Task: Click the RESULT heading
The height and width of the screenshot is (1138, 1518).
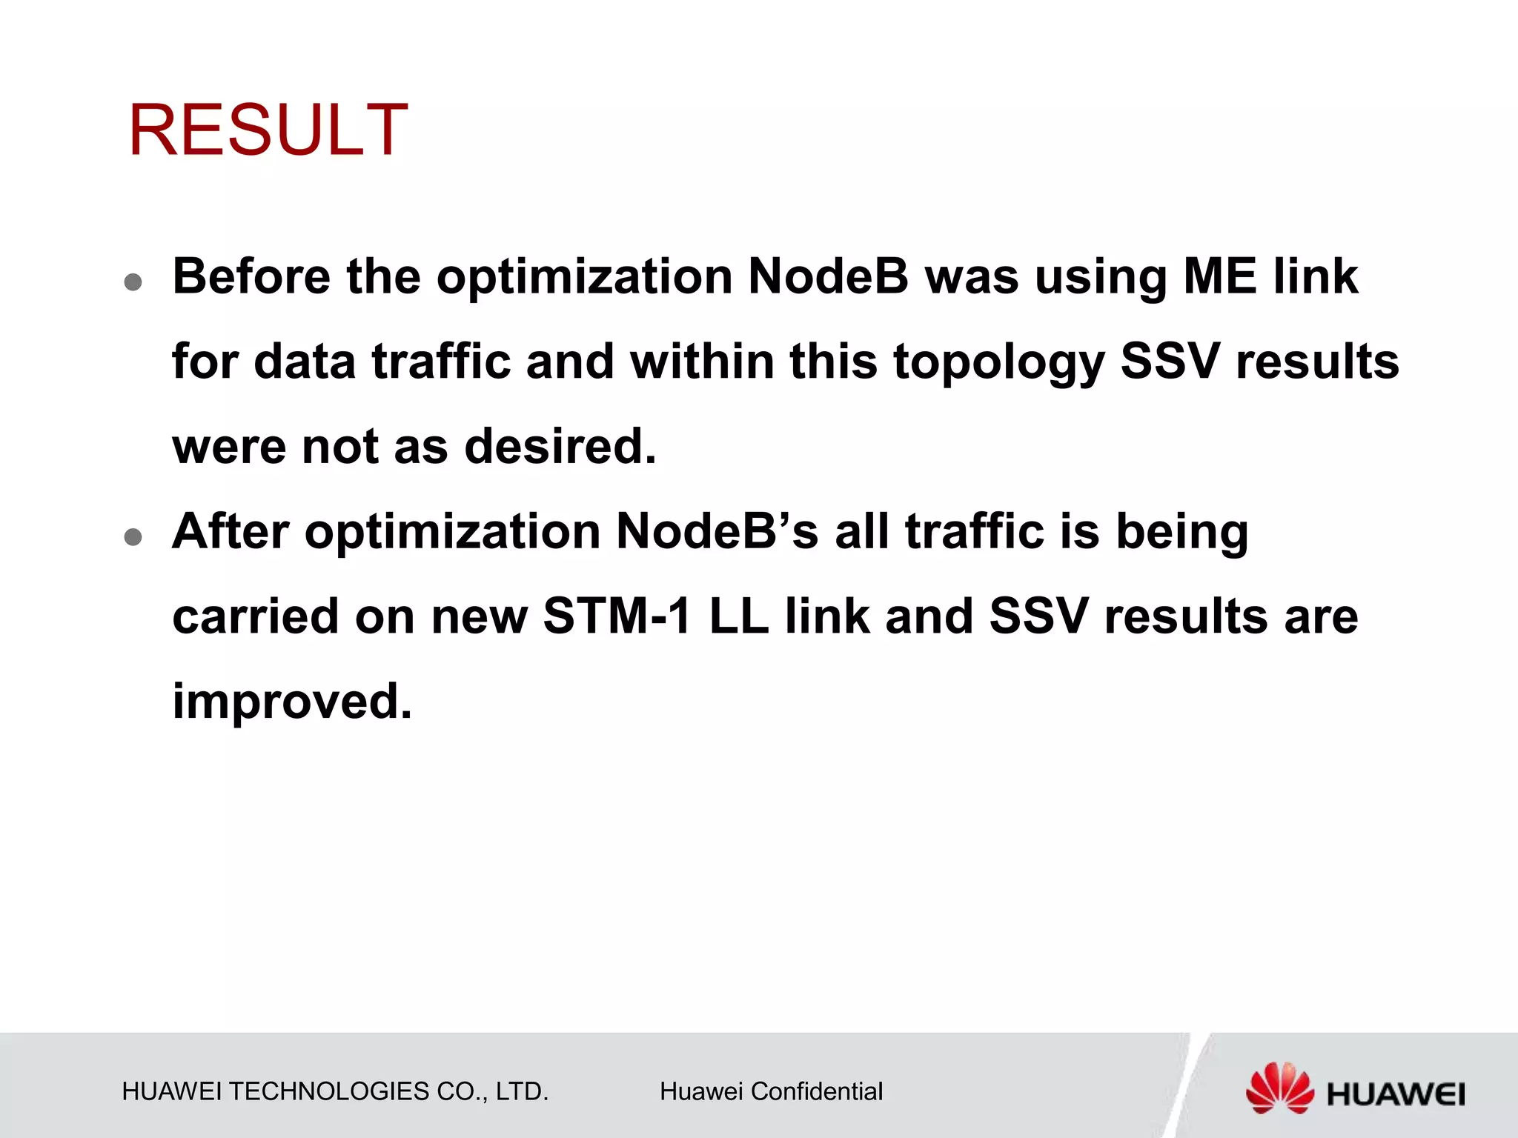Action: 268,130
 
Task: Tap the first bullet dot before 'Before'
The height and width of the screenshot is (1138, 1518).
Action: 133,282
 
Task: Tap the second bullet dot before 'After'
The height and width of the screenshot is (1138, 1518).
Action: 133,537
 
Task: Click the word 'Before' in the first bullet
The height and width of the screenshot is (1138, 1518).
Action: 251,276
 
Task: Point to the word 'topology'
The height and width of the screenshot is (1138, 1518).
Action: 998,363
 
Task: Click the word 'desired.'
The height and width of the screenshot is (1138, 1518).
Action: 560,447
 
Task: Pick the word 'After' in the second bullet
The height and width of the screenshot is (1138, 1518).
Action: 231,531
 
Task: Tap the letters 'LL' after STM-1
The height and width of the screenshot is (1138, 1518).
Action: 739,616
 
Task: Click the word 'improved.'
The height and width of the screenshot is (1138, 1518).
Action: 292,702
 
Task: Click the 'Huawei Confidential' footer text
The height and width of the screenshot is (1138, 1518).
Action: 771,1091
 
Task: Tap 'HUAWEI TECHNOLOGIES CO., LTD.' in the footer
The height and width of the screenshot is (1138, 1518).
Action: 335,1091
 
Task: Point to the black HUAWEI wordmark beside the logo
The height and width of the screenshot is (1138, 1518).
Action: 1396,1094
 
